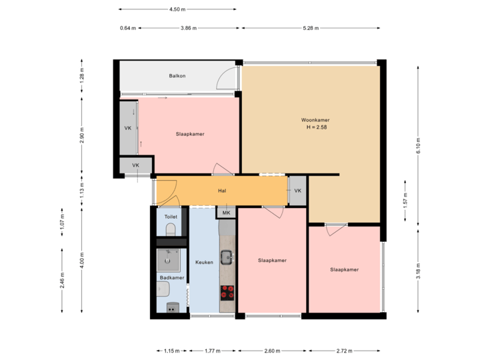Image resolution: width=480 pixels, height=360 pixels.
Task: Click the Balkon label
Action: (177, 76)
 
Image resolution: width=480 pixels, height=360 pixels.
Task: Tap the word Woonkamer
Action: (315, 120)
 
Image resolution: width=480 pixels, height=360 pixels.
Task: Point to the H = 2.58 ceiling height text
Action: (316, 127)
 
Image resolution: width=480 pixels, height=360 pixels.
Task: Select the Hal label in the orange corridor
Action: (222, 191)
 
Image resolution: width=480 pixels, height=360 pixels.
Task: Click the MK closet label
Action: (226, 213)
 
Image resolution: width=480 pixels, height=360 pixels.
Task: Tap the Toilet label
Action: (170, 217)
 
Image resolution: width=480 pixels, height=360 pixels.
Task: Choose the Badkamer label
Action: (171, 277)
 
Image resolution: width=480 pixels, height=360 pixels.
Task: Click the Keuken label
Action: (204, 262)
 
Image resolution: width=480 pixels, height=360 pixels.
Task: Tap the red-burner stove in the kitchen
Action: (227, 292)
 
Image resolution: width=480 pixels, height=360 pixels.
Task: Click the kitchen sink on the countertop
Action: (227, 255)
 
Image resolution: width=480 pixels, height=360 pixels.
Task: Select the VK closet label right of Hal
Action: (297, 191)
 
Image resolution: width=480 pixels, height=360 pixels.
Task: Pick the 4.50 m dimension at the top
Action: (177, 9)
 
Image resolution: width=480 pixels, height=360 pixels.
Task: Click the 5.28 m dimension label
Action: (311, 28)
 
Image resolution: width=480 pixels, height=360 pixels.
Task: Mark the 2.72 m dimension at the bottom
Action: (343, 350)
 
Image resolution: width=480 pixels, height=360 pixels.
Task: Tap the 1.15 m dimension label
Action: (172, 350)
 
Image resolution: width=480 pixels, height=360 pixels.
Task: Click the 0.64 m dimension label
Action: (127, 28)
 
